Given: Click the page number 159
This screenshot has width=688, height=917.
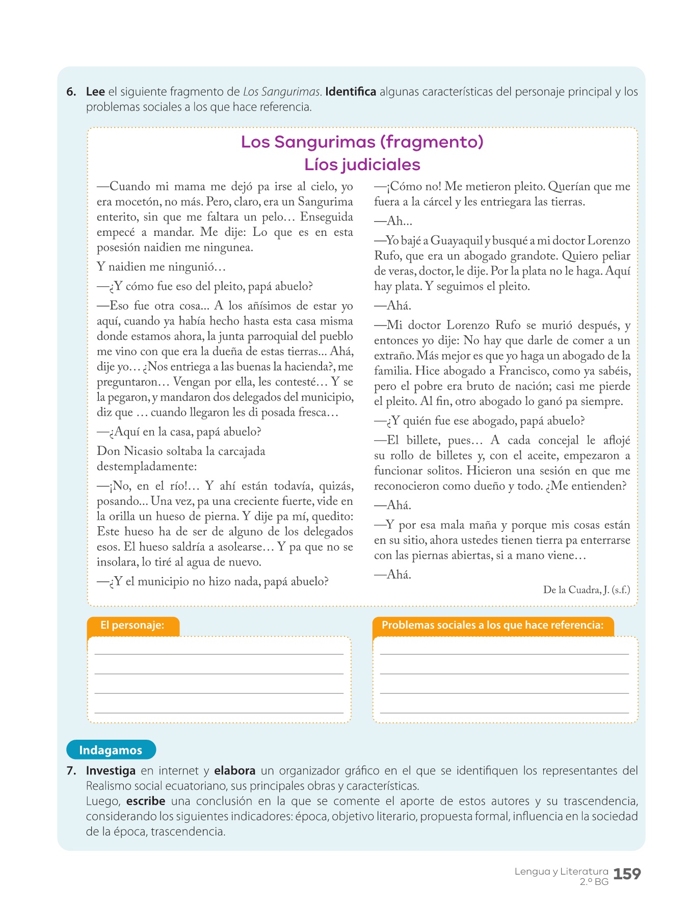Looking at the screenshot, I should click(627, 874).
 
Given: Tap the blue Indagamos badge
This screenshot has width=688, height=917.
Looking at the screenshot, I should click(111, 750).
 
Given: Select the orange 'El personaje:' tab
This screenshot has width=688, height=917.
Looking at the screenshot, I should click(133, 626).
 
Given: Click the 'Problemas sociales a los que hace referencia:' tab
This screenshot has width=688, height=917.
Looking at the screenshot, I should click(492, 626).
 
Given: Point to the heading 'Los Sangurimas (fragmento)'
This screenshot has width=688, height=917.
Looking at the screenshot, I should click(362, 142).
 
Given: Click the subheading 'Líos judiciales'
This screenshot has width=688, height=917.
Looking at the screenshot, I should click(362, 165).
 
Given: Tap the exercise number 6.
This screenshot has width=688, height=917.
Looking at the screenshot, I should click(71, 92).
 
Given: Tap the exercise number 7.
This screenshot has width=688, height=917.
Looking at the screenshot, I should click(71, 771).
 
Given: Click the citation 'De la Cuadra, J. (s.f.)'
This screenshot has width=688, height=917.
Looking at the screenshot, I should click(587, 590).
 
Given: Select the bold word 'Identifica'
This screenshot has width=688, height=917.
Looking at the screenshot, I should click(351, 92).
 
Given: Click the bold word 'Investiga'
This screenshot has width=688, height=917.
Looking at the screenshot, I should click(111, 771).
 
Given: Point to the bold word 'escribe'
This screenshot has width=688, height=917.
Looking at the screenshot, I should click(146, 801).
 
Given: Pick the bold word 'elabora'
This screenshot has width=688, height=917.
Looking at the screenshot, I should click(234, 771).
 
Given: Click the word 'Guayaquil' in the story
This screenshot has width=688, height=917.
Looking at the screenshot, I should click(457, 241).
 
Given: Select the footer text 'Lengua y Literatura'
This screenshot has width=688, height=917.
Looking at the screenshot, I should click(561, 871).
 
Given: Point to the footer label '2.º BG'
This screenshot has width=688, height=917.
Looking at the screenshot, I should click(594, 882).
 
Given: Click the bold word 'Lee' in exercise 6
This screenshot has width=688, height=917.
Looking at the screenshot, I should click(95, 92).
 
